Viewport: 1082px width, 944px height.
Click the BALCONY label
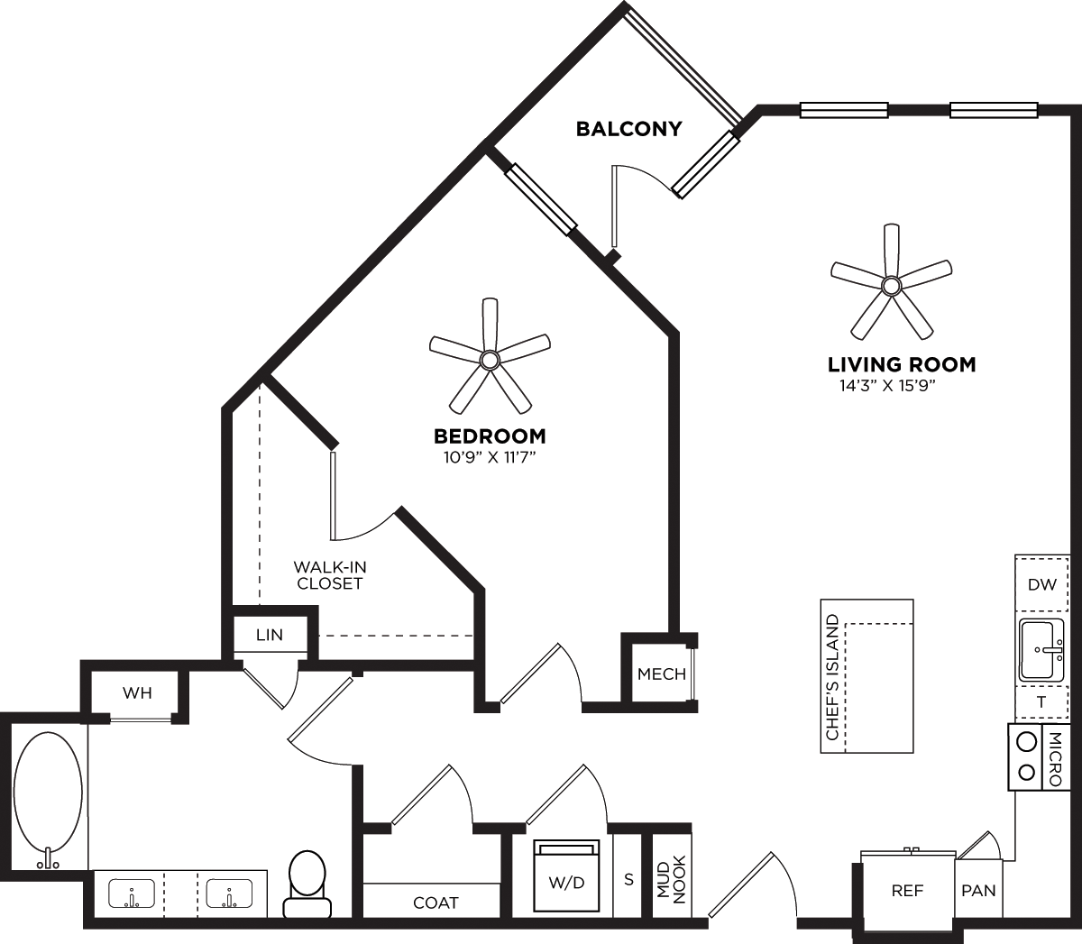coord(628,128)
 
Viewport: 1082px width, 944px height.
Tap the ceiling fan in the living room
coord(891,285)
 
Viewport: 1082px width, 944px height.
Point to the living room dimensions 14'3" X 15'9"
coord(901,387)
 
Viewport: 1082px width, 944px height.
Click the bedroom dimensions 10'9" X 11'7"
coord(490,457)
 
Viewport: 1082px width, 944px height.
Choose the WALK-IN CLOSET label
coord(328,575)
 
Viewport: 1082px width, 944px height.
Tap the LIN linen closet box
coord(270,635)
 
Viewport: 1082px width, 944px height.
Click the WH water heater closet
coord(137,693)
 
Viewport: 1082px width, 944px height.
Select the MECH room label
coord(661,674)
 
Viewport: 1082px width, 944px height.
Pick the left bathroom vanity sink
coord(132,895)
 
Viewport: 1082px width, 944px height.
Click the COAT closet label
coord(436,902)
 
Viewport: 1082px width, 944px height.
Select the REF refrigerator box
coord(907,891)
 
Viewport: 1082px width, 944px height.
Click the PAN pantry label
coord(978,891)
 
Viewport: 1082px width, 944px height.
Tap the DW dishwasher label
coord(1041,584)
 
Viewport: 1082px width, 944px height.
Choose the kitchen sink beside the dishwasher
coord(1041,649)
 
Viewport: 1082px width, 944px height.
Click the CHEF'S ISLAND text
coord(832,677)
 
